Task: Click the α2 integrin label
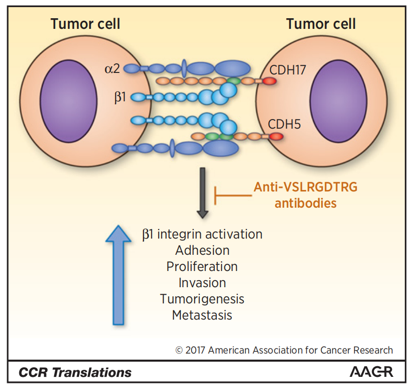112,69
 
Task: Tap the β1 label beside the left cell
120,97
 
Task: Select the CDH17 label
288,70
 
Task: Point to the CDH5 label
284,124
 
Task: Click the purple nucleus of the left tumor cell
69,101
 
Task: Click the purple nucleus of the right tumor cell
339,101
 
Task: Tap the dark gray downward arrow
203,193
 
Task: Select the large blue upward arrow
118,275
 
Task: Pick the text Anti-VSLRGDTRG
306,187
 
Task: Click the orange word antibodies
306,203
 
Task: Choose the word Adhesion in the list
202,250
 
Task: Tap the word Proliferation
202,266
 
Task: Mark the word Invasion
202,283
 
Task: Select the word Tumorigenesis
202,299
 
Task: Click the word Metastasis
202,315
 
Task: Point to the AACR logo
371,372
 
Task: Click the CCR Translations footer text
75,372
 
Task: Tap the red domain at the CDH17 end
270,81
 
